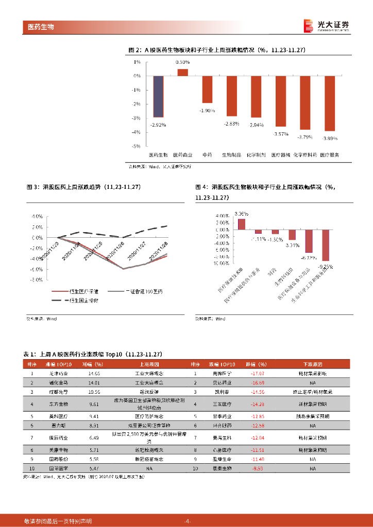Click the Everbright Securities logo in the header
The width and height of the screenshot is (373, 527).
325,26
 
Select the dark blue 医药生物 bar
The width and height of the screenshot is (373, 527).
159,96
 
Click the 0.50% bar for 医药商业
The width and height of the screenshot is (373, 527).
182,73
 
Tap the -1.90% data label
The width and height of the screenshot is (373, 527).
207,110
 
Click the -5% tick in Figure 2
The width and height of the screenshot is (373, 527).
137,146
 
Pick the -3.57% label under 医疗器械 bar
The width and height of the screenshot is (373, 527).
281,134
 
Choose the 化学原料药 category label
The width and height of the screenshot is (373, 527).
305,154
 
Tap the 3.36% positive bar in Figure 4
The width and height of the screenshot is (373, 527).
241,224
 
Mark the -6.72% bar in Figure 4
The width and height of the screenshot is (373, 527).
309,241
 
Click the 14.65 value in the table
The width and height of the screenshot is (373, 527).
94,373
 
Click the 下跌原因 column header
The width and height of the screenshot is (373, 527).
313,364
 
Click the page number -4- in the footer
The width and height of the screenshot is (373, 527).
187,521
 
